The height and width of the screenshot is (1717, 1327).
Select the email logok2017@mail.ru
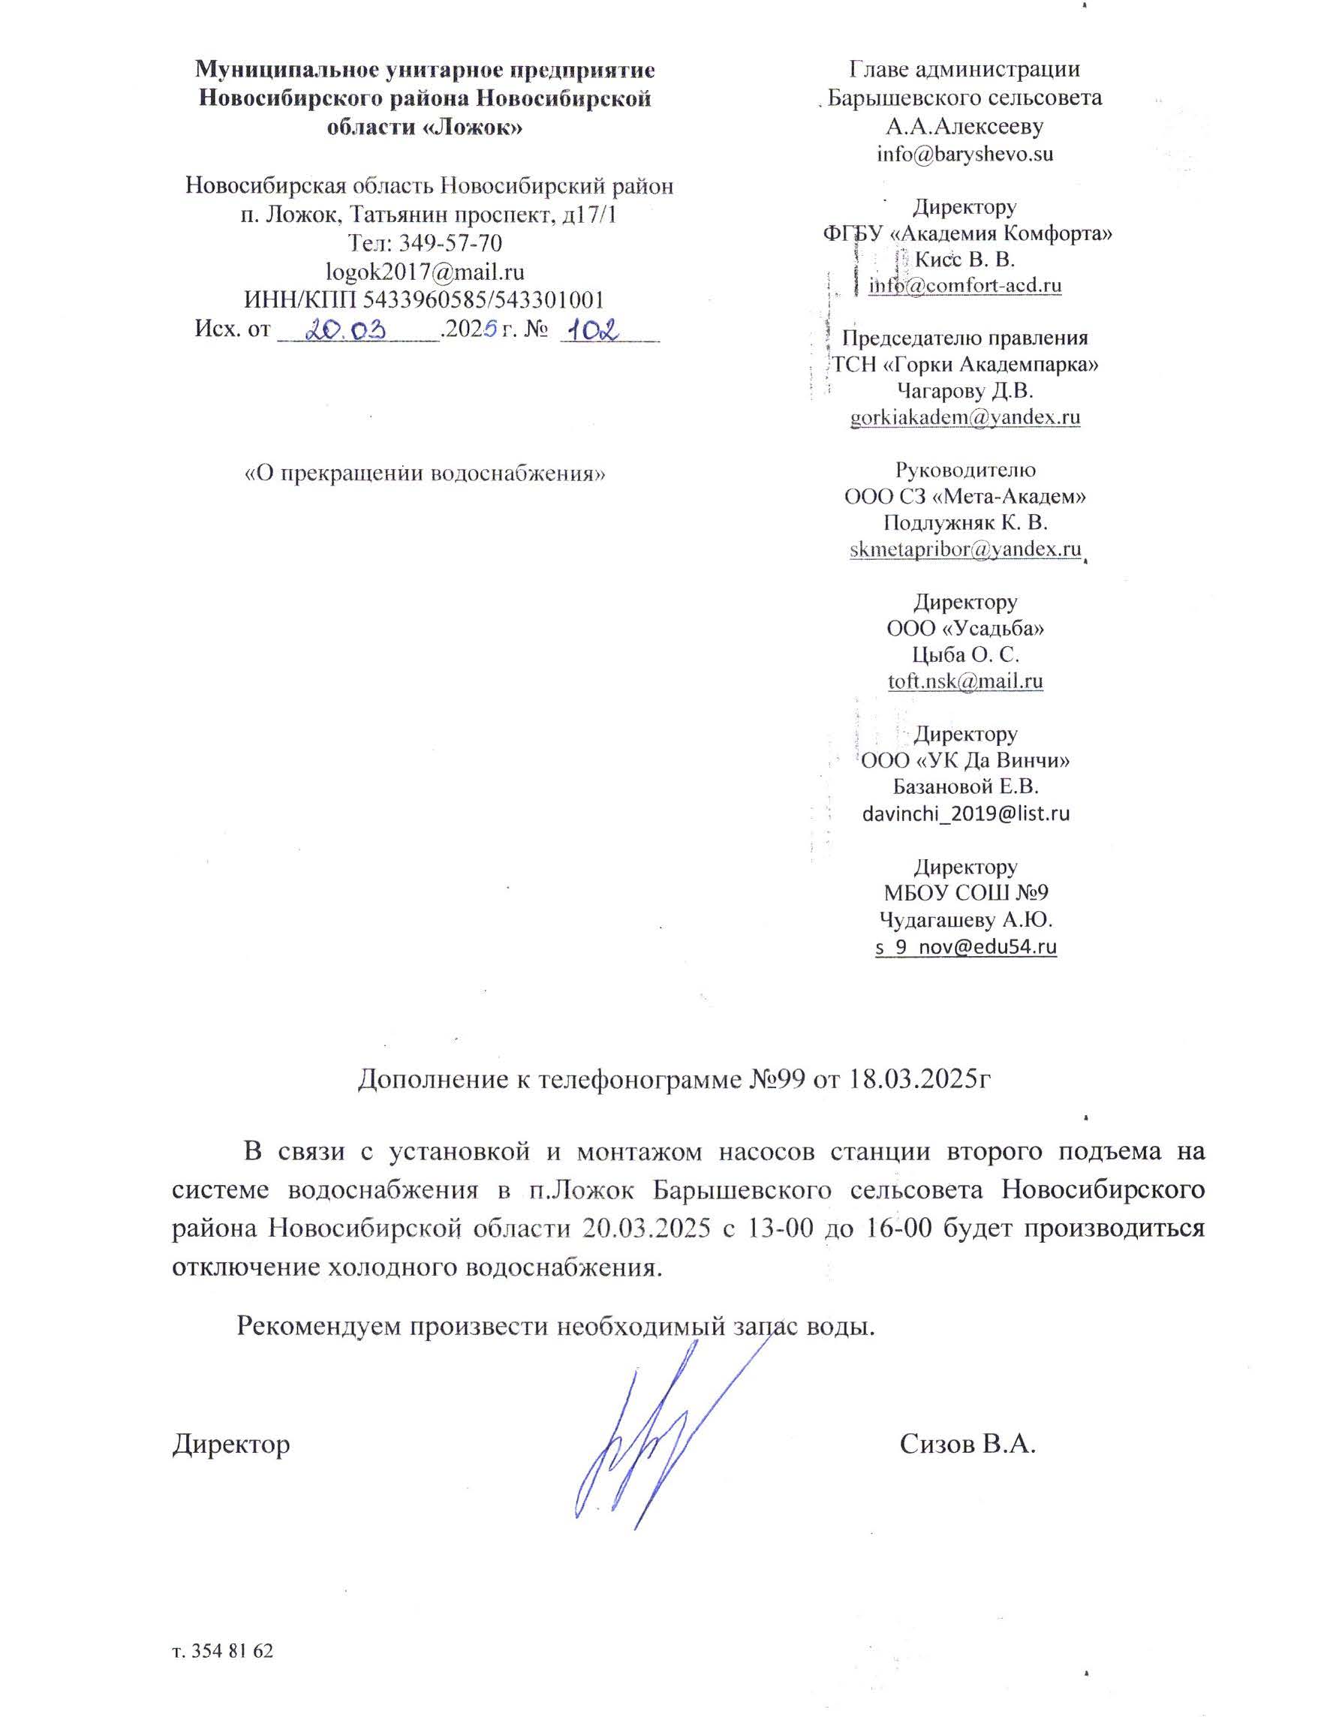425,271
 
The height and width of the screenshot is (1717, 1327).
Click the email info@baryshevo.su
964,153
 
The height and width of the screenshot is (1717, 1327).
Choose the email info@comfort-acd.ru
964,285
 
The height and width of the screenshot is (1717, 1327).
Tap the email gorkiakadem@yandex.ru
964,417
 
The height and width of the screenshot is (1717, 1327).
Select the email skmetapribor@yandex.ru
964,549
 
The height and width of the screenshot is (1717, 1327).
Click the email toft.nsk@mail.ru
964,681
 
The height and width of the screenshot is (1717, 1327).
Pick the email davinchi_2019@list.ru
965,813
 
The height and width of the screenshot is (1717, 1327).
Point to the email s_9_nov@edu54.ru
965,946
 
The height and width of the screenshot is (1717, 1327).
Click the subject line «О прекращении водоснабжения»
425,474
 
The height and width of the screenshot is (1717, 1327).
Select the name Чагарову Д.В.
964,391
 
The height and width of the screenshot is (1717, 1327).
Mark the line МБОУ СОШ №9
965,893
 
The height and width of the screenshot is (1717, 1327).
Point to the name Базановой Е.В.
965,787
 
